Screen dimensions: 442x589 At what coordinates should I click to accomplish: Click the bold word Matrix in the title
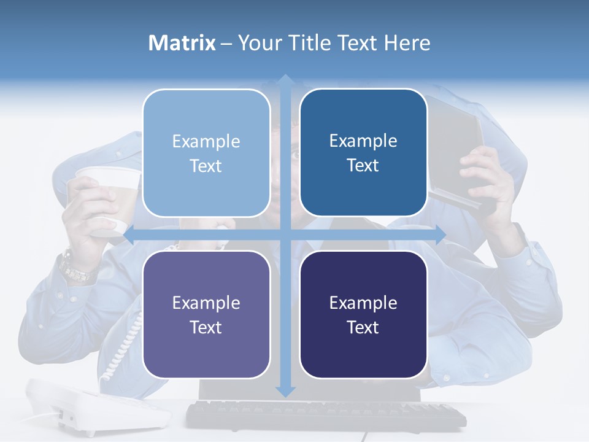pyautogui.click(x=182, y=43)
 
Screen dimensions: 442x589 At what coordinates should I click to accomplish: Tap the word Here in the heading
pyautogui.click(x=407, y=43)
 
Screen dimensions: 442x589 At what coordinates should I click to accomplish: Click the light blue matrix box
pyautogui.click(x=206, y=153)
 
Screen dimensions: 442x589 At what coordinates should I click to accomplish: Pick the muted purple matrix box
pyautogui.click(x=206, y=314)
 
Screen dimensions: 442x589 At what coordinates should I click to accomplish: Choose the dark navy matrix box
pyautogui.click(x=363, y=314)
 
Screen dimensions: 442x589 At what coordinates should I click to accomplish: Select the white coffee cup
pyautogui.click(x=107, y=203)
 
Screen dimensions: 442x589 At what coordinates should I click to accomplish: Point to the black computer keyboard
pyautogui.click(x=325, y=416)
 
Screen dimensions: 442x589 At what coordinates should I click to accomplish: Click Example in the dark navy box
pyautogui.click(x=363, y=303)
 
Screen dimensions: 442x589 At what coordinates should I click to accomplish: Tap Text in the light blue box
pyautogui.click(x=206, y=166)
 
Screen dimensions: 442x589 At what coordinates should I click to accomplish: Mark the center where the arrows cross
pyautogui.click(x=285, y=235)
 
